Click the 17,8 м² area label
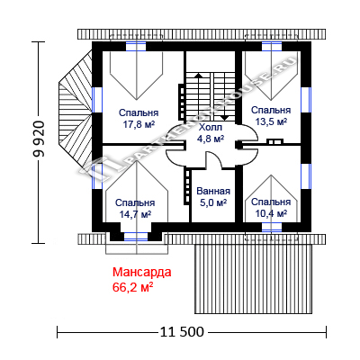coord(139,124)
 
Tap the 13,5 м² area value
coord(271,121)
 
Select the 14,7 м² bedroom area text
coord(135,214)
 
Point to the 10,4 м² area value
coord(271,213)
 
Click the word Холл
coord(211,128)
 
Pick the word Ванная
coord(213,191)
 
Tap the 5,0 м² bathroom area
coord(213,202)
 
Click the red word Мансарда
coord(142,272)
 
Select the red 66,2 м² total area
coord(133,287)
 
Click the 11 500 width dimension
coord(182,332)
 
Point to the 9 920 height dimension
coord(39,139)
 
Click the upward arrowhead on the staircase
coord(198,75)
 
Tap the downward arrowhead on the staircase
coord(225,118)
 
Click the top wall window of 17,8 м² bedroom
coord(136,47)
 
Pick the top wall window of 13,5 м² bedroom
coord(272,47)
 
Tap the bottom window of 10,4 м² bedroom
coord(272,227)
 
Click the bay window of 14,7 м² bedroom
coord(136,237)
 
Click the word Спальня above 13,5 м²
coord(271,110)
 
